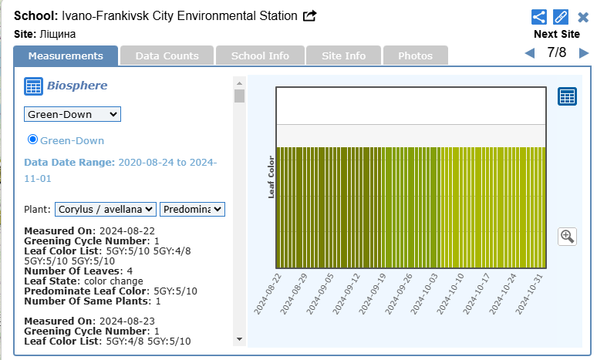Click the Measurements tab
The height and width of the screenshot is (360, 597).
[x=66, y=56]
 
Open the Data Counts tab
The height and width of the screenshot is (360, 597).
[x=167, y=56]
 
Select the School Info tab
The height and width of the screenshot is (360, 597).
[x=260, y=56]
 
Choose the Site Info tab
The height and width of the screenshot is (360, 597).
[x=344, y=56]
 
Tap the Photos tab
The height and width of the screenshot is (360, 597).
[x=415, y=56]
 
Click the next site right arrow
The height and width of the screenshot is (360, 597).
[x=584, y=53]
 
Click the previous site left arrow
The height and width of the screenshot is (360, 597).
[x=529, y=53]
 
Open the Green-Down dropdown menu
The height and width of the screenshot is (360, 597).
[x=73, y=114]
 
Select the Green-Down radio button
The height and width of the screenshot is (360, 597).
[x=33, y=140]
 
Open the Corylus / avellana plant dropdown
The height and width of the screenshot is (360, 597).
[x=106, y=209]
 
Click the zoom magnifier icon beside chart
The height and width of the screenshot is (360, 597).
[x=568, y=236]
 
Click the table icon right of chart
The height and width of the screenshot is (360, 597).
[x=568, y=97]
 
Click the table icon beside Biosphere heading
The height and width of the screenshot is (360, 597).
[x=33, y=86]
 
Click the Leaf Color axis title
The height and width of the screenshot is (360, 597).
[x=272, y=175]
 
